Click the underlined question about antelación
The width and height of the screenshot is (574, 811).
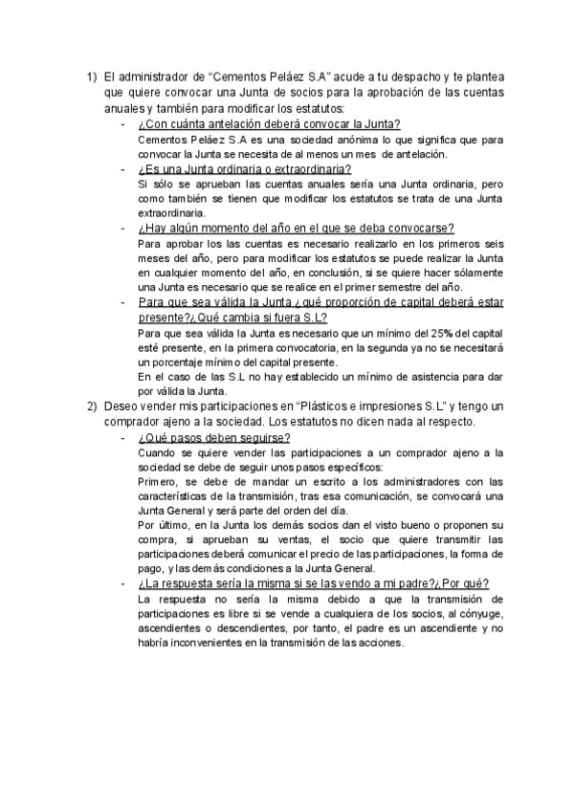(x=269, y=124)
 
